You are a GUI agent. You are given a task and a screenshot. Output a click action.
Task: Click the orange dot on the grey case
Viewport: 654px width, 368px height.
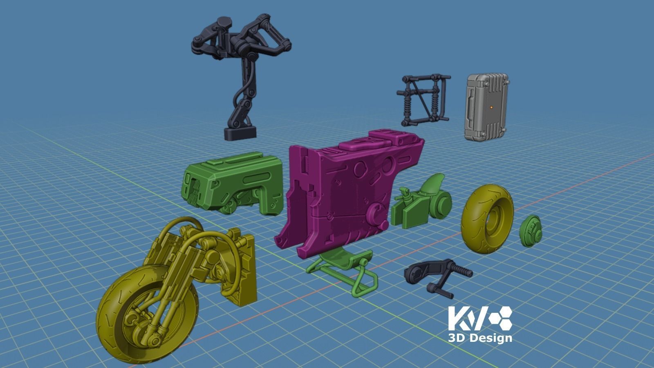pyautogui.click(x=491, y=107)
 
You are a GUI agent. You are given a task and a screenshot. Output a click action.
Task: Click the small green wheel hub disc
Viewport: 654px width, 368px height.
pyautogui.click(x=531, y=231)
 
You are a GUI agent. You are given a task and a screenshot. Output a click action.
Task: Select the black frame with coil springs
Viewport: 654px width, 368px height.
pyautogui.click(x=423, y=100)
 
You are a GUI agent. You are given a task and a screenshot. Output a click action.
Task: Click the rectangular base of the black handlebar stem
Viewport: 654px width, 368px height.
pyautogui.click(x=240, y=133)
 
